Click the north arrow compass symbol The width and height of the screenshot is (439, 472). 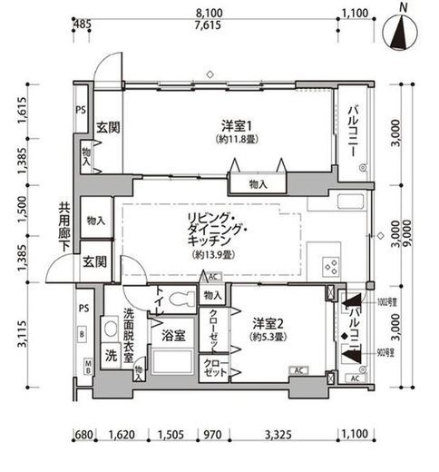tap(403, 31)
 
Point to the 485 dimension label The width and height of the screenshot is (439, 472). tap(82, 25)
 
